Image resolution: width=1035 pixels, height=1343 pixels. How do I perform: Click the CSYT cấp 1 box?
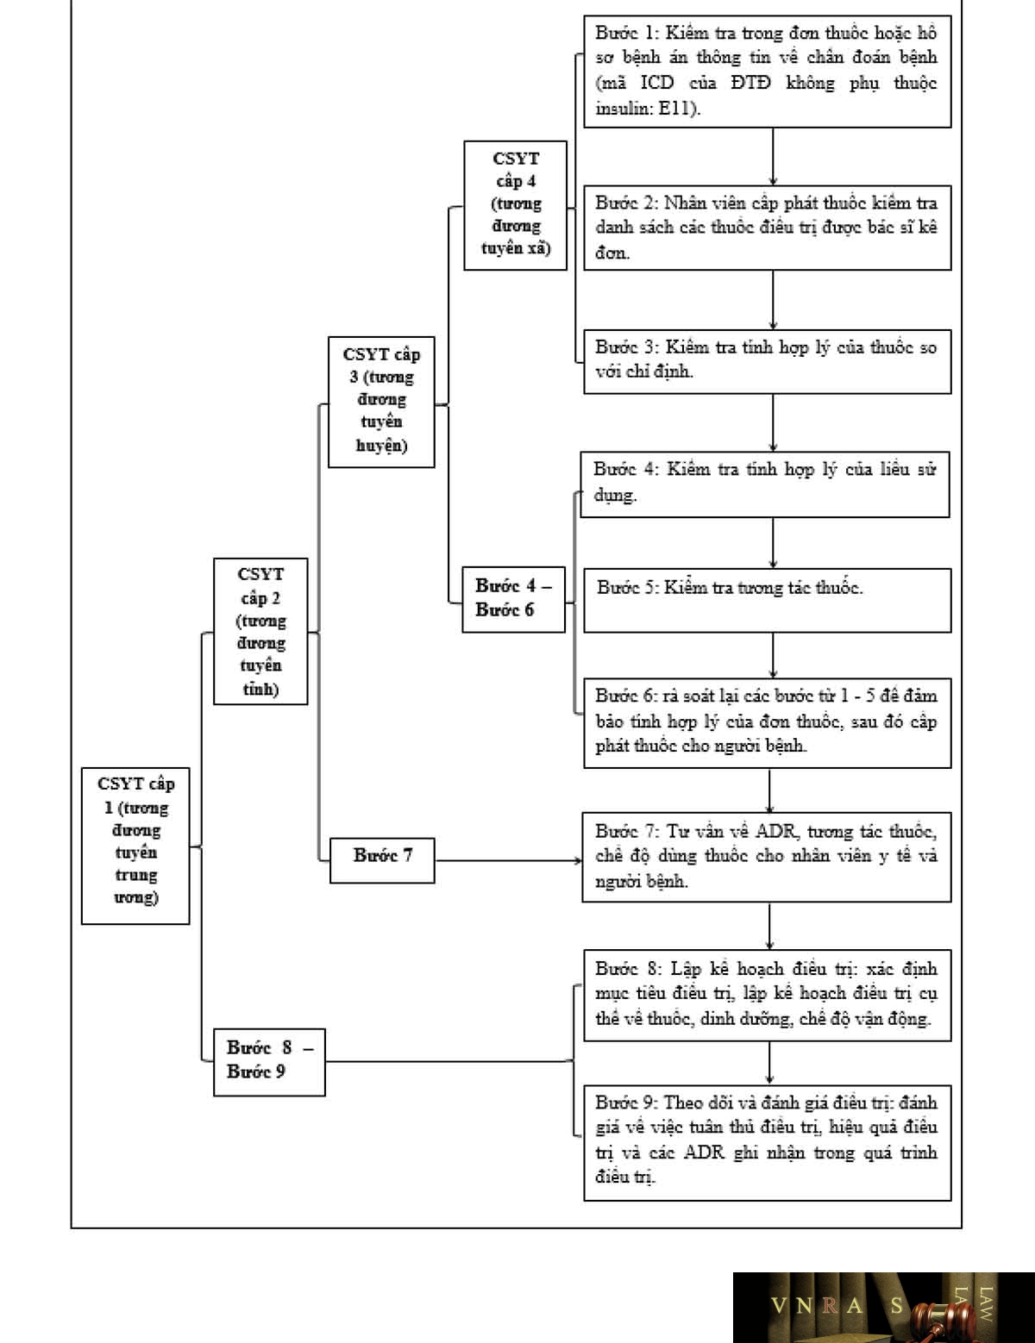pos(135,846)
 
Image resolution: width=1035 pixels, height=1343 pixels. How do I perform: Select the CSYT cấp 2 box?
pos(260,631)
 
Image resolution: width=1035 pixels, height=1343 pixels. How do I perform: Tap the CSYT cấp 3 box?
pos(381,402)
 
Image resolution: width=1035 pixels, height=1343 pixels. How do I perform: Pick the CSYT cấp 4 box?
pos(515,205)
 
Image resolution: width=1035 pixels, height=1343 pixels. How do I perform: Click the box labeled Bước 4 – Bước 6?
pos(513,599)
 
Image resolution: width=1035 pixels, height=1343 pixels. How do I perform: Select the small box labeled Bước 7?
pos(381,860)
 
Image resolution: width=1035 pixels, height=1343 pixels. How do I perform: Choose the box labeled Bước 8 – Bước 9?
pos(269,1062)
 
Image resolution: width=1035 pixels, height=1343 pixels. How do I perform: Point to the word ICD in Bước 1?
pos(656,82)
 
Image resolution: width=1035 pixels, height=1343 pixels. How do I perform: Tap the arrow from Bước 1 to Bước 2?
pos(773,156)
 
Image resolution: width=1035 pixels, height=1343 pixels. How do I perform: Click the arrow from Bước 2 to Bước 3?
pos(773,300)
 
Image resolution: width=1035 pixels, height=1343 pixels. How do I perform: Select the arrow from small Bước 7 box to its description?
pos(508,860)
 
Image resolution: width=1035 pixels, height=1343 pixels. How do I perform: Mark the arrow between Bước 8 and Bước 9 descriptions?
pos(769,1062)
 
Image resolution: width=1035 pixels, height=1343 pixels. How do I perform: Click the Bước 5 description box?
pos(768,600)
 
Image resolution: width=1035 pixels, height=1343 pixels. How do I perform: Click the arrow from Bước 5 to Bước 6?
pos(773,655)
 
